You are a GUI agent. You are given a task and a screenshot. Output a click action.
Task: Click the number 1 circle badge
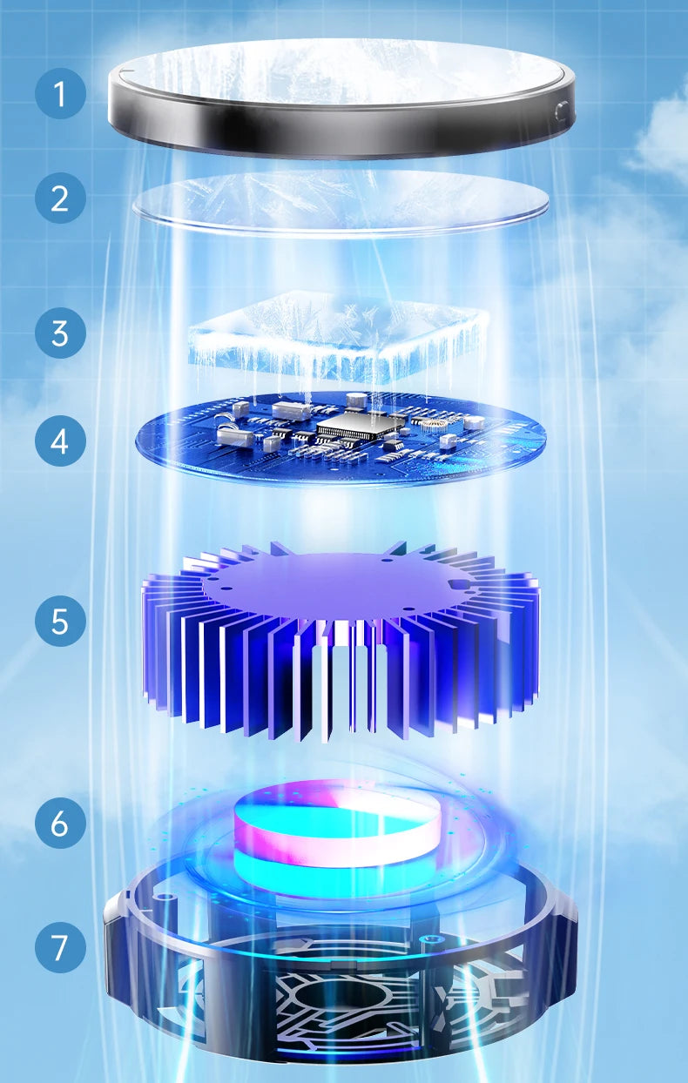click(x=60, y=93)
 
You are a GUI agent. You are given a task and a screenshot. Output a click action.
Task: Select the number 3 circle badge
click(x=60, y=333)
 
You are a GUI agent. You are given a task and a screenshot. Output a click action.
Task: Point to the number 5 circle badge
click(x=60, y=621)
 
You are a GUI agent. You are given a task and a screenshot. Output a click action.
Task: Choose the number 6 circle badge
click(x=60, y=823)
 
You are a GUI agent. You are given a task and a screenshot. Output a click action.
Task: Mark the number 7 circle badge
click(x=60, y=947)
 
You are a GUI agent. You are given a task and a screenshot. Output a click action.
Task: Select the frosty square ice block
click(x=335, y=335)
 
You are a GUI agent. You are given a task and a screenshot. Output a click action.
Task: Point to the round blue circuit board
click(x=218, y=448)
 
